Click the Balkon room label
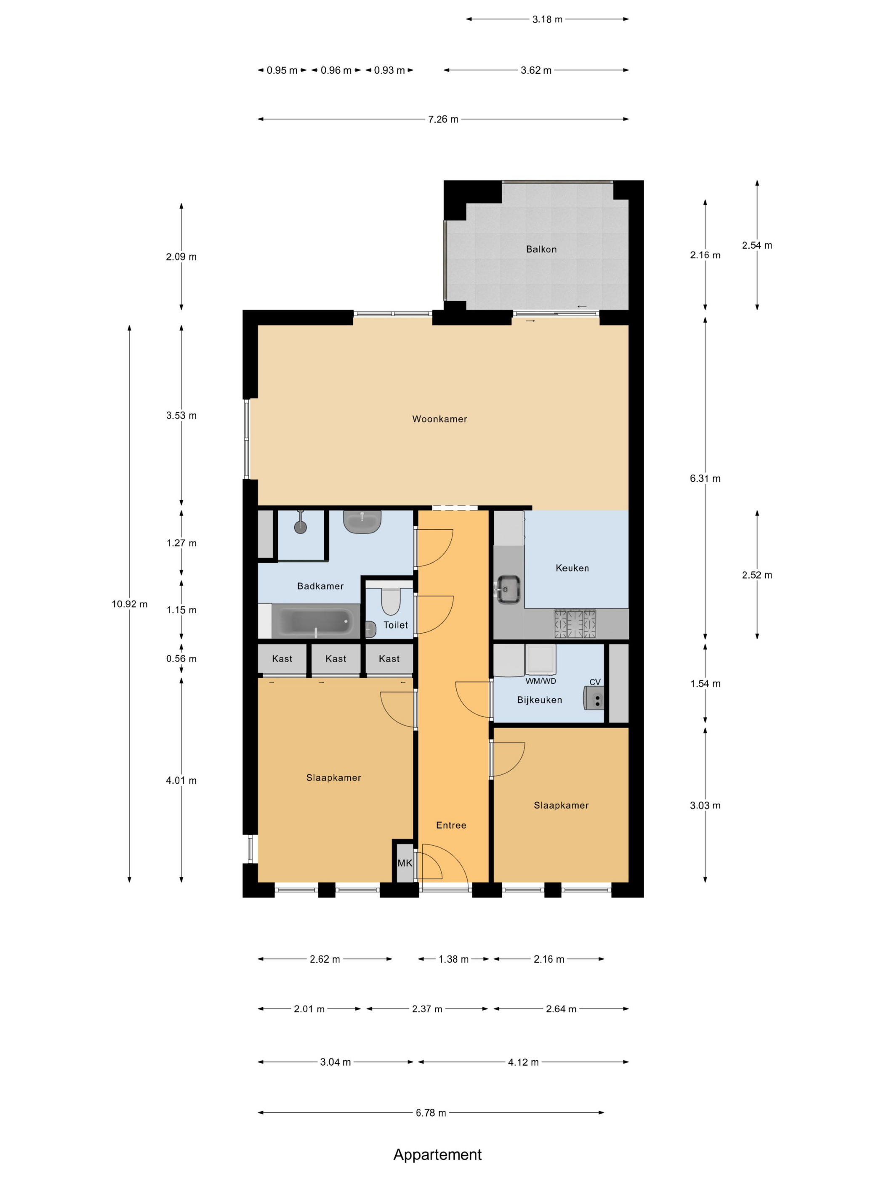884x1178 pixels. [x=541, y=249]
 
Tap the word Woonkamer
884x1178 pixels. [x=439, y=419]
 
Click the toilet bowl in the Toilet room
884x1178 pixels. [x=391, y=602]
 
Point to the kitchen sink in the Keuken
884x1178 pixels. [x=509, y=589]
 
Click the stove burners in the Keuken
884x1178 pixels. [x=575, y=623]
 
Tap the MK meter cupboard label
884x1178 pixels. [x=405, y=863]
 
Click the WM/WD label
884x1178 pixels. [x=541, y=681]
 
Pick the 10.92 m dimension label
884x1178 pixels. [x=130, y=604]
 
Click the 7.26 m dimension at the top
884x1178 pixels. [x=443, y=119]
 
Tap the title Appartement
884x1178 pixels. [x=437, y=1154]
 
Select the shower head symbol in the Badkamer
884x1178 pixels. [x=301, y=527]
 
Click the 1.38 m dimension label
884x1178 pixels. [x=453, y=959]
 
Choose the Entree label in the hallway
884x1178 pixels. [x=451, y=825]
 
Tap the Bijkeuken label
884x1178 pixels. [x=539, y=700]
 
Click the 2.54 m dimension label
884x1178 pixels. [x=756, y=246]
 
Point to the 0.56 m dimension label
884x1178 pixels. [x=181, y=659]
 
